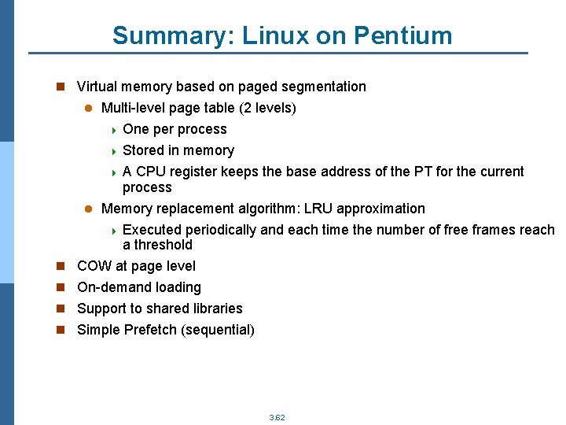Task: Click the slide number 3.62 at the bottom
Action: point(277,417)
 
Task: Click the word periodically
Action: point(218,230)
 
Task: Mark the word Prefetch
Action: point(150,330)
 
